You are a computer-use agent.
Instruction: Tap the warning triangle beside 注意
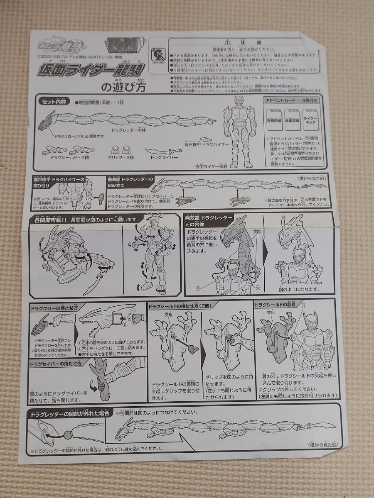pyautogui.click(x=226, y=42)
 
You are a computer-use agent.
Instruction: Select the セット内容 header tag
pyautogui.click(x=54, y=102)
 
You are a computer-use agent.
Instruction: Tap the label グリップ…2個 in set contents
pyautogui.click(x=121, y=158)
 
